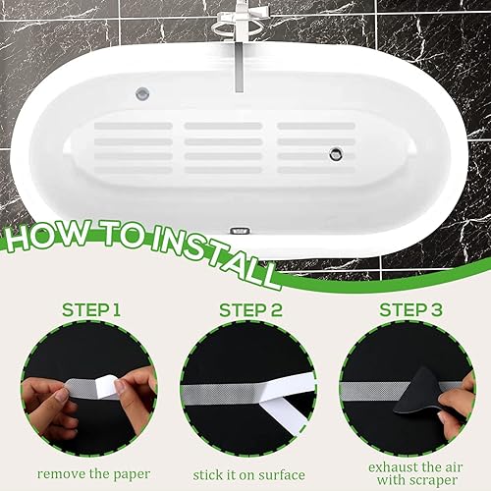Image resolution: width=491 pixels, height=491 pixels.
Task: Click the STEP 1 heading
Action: [x=91, y=310]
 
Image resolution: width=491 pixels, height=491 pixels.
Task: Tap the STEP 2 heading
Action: [x=250, y=310]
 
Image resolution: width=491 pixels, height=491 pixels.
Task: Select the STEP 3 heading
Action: [x=410, y=310]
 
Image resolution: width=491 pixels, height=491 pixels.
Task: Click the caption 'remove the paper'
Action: [x=93, y=474]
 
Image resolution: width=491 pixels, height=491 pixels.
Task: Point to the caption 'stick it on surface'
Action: [x=248, y=475]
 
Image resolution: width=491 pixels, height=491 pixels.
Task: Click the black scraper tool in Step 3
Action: [x=423, y=396]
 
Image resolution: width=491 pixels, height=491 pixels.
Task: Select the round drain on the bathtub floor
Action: [x=336, y=153]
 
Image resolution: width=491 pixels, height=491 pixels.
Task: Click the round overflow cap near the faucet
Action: [x=142, y=94]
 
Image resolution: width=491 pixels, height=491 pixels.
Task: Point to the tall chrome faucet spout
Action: [x=240, y=66]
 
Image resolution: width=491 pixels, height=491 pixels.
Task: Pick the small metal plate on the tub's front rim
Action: [x=240, y=231]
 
